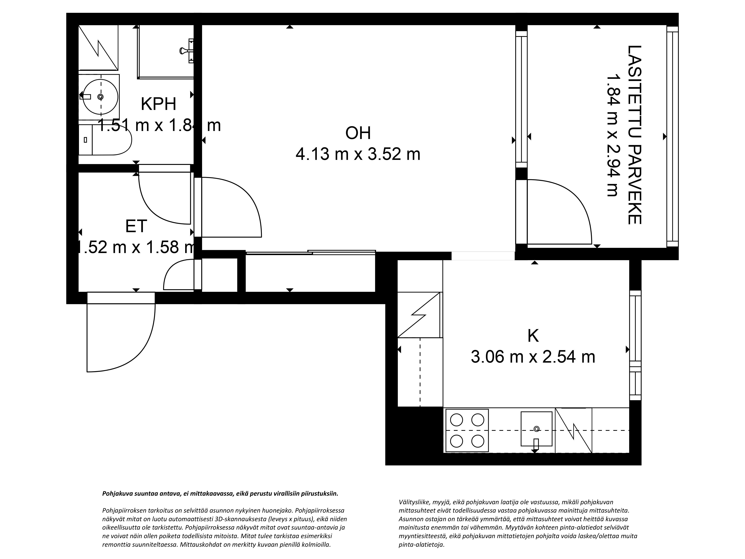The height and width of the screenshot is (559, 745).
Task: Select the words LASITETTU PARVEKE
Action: click(634, 135)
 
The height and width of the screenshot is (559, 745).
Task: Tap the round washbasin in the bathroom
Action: click(100, 97)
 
